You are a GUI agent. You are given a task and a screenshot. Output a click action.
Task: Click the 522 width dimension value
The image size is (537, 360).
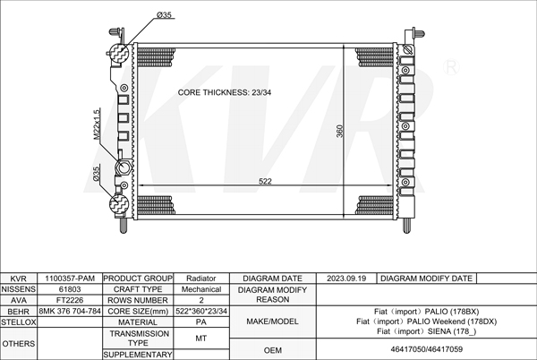pos(265,181)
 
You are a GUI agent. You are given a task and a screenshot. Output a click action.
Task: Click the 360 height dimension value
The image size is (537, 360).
pos(340,131)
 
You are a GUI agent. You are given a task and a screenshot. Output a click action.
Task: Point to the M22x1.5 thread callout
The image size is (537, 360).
pos(97,124)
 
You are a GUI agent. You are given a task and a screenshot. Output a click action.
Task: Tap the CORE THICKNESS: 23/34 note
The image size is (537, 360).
pos(225,92)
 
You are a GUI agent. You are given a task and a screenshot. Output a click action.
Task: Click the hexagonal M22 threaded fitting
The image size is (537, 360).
pos(124,167)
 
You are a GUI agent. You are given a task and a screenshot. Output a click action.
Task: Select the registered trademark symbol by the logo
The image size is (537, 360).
pos(451,67)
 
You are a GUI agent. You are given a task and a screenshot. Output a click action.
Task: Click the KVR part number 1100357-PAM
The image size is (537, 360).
pos(70,279)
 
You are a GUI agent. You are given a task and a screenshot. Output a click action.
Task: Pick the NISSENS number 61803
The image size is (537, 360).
pos(70,289)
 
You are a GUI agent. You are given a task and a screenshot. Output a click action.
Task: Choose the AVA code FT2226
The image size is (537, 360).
pos(70,300)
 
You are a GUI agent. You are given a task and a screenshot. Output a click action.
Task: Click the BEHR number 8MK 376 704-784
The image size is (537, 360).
pos(70,311)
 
